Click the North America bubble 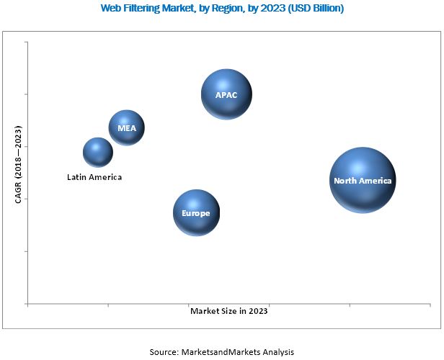[x=363, y=180]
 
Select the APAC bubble [x=227, y=94]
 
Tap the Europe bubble [x=196, y=213]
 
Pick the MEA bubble [x=127, y=128]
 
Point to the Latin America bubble [x=98, y=152]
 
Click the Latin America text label [x=94, y=176]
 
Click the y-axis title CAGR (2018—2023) [x=18, y=165]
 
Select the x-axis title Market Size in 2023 [x=228, y=311]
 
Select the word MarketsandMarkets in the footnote [x=221, y=351]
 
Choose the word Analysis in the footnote [x=277, y=351]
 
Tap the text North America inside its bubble [x=363, y=181]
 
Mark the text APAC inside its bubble [x=227, y=95]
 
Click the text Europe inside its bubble [x=196, y=214]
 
